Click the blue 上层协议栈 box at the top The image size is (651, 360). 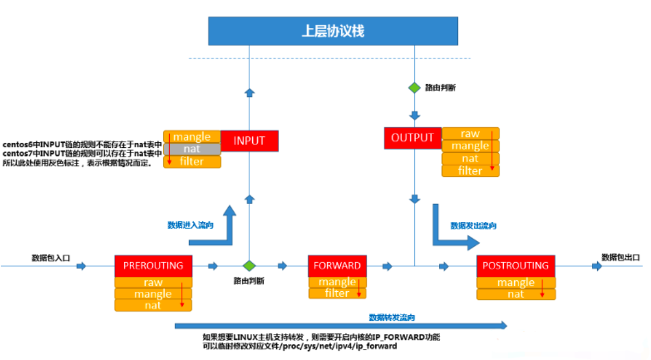tap(332, 30)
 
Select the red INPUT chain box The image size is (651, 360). tap(249, 140)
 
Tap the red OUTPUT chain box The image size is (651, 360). tap(413, 138)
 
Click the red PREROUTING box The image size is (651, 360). tap(153, 265)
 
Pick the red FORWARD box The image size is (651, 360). tap(337, 265)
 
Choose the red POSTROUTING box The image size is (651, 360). tap(515, 265)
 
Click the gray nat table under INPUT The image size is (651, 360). tap(191, 150)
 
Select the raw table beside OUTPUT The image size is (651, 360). tap(470, 134)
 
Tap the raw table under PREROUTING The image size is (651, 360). tap(153, 282)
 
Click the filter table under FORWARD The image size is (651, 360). tap(337, 293)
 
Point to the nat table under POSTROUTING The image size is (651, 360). tap(515, 294)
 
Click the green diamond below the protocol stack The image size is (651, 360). tap(414, 88)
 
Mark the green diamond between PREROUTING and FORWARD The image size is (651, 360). tap(249, 266)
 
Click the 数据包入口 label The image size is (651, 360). tap(50, 258)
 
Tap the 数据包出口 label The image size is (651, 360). tap(619, 257)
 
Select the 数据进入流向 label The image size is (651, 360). tap(190, 225)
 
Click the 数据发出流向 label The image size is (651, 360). tap(473, 226)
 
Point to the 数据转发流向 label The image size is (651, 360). tap(392, 317)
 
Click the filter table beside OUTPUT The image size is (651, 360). tap(470, 171)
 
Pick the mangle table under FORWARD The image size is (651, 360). tap(337, 282)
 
